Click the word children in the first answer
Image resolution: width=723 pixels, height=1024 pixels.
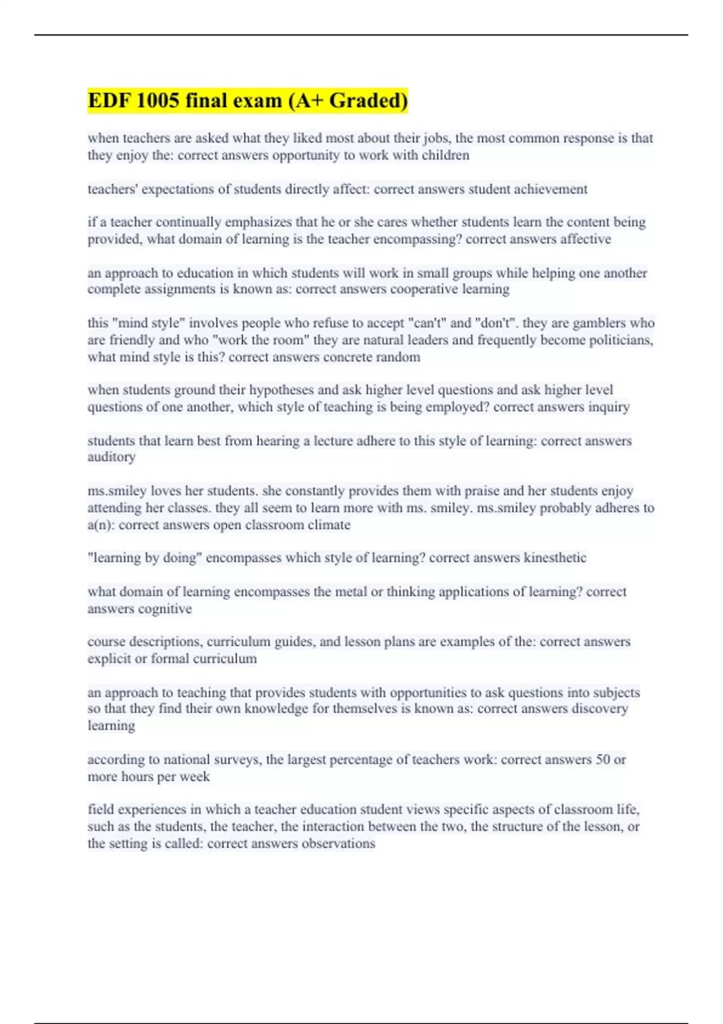(x=446, y=155)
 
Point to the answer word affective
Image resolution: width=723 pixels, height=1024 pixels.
(x=585, y=239)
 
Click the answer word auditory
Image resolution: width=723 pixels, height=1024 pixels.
(x=111, y=457)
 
